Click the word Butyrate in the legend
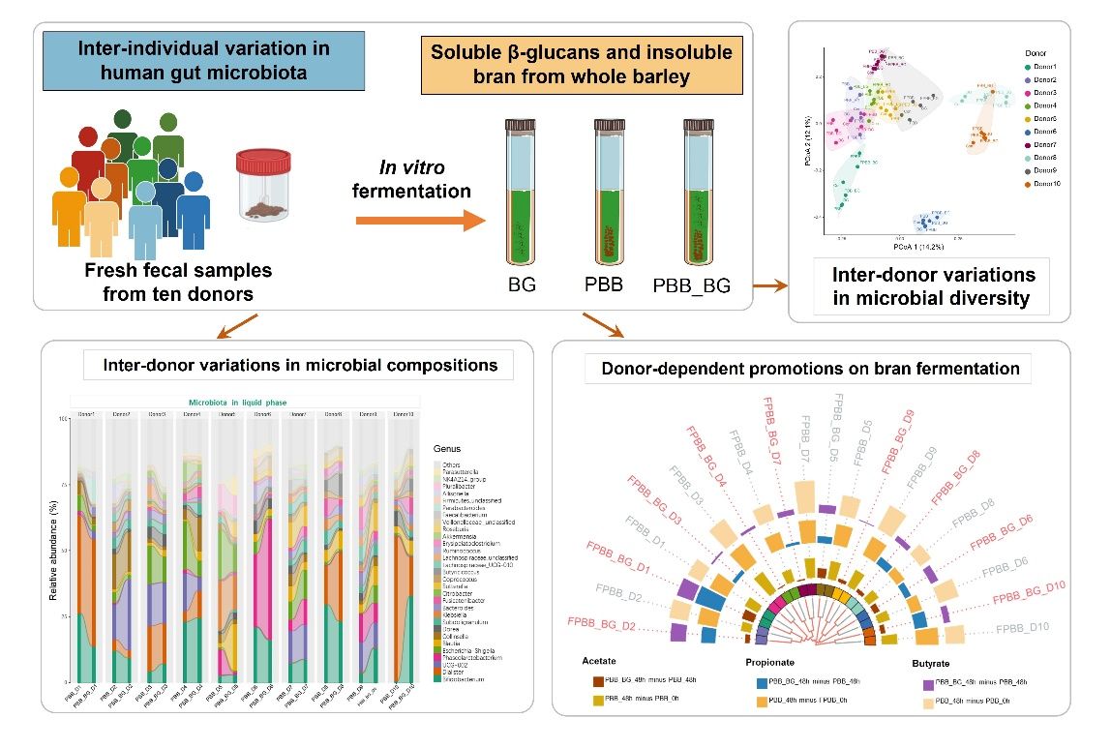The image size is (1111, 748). (x=938, y=665)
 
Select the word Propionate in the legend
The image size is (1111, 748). (x=772, y=664)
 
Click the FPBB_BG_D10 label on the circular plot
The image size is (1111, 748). (x=1029, y=591)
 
